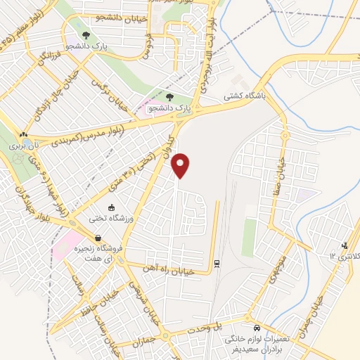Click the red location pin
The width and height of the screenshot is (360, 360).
(x=181, y=165)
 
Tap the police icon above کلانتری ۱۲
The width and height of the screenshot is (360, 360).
(x=344, y=245)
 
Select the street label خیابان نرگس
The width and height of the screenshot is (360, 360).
(x=105, y=94)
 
